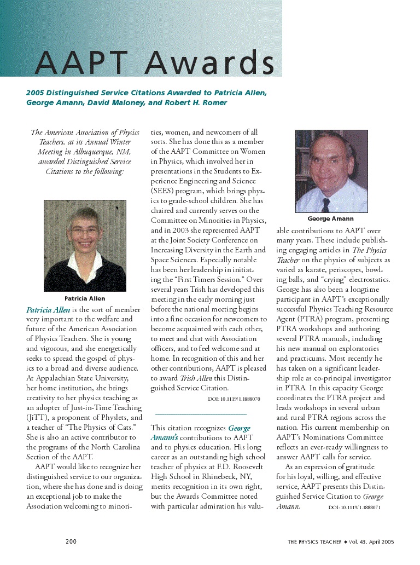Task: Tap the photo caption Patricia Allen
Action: coord(85,299)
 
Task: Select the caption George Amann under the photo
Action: coord(330,219)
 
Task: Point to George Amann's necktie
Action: coord(326,204)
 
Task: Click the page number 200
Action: coord(71,541)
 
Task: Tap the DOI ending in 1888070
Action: coord(234,399)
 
